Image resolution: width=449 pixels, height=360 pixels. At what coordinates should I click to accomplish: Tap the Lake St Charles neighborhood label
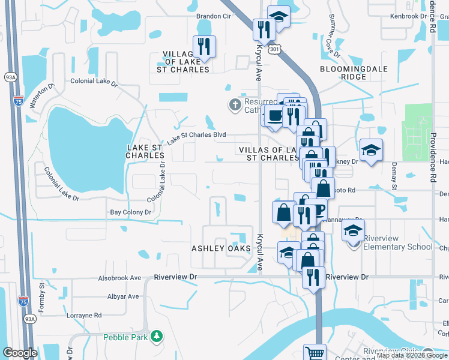[145, 151]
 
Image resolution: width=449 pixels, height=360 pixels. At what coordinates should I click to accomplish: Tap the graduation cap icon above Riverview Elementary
[354, 229]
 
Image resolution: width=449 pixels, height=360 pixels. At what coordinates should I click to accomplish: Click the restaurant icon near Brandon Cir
[203, 46]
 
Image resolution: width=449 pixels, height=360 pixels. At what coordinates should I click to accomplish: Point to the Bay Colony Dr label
[130, 212]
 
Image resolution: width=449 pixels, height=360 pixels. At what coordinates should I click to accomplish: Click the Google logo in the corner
[20, 353]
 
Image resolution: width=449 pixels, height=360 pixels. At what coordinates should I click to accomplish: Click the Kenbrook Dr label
[411, 16]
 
